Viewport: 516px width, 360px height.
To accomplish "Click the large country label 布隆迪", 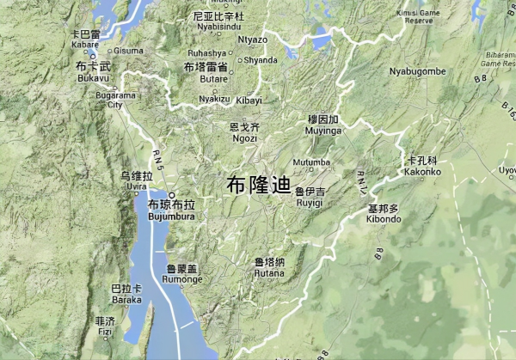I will coord(260,185).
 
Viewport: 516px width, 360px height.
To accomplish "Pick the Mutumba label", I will coord(311,162).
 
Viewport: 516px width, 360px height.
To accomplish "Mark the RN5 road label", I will coord(156,156).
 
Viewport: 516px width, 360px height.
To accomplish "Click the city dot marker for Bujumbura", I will coord(171,195).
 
